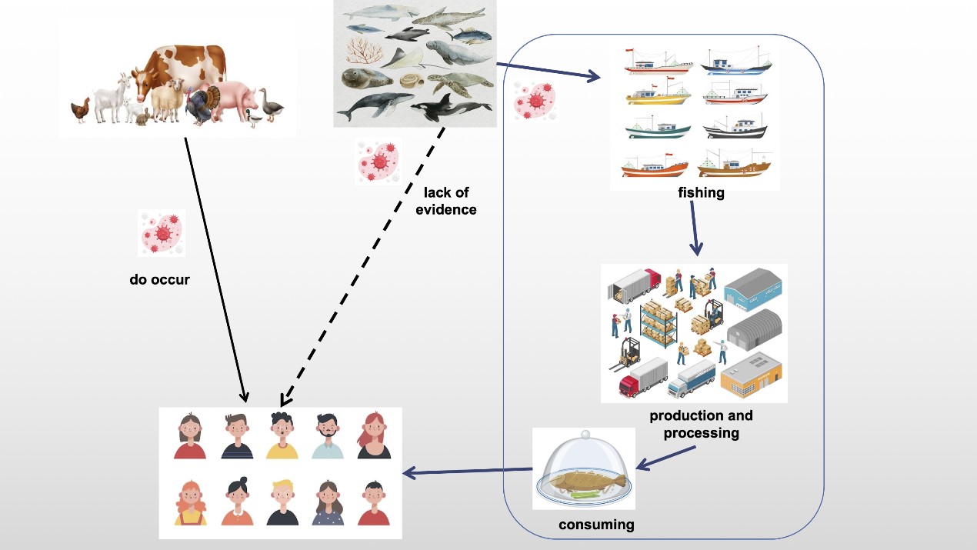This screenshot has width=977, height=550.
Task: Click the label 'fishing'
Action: click(701, 192)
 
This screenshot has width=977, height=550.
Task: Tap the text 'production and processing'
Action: click(701, 424)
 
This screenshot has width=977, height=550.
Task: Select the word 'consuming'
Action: click(596, 525)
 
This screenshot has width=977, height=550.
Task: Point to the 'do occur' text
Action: click(159, 280)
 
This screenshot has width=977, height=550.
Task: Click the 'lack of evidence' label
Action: click(446, 201)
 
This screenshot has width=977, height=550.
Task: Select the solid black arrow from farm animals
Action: click(215, 269)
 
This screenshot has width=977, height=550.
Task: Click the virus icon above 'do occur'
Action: click(161, 232)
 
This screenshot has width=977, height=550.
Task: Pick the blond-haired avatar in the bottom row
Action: click(282, 503)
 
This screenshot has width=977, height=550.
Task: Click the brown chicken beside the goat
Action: click(81, 110)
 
